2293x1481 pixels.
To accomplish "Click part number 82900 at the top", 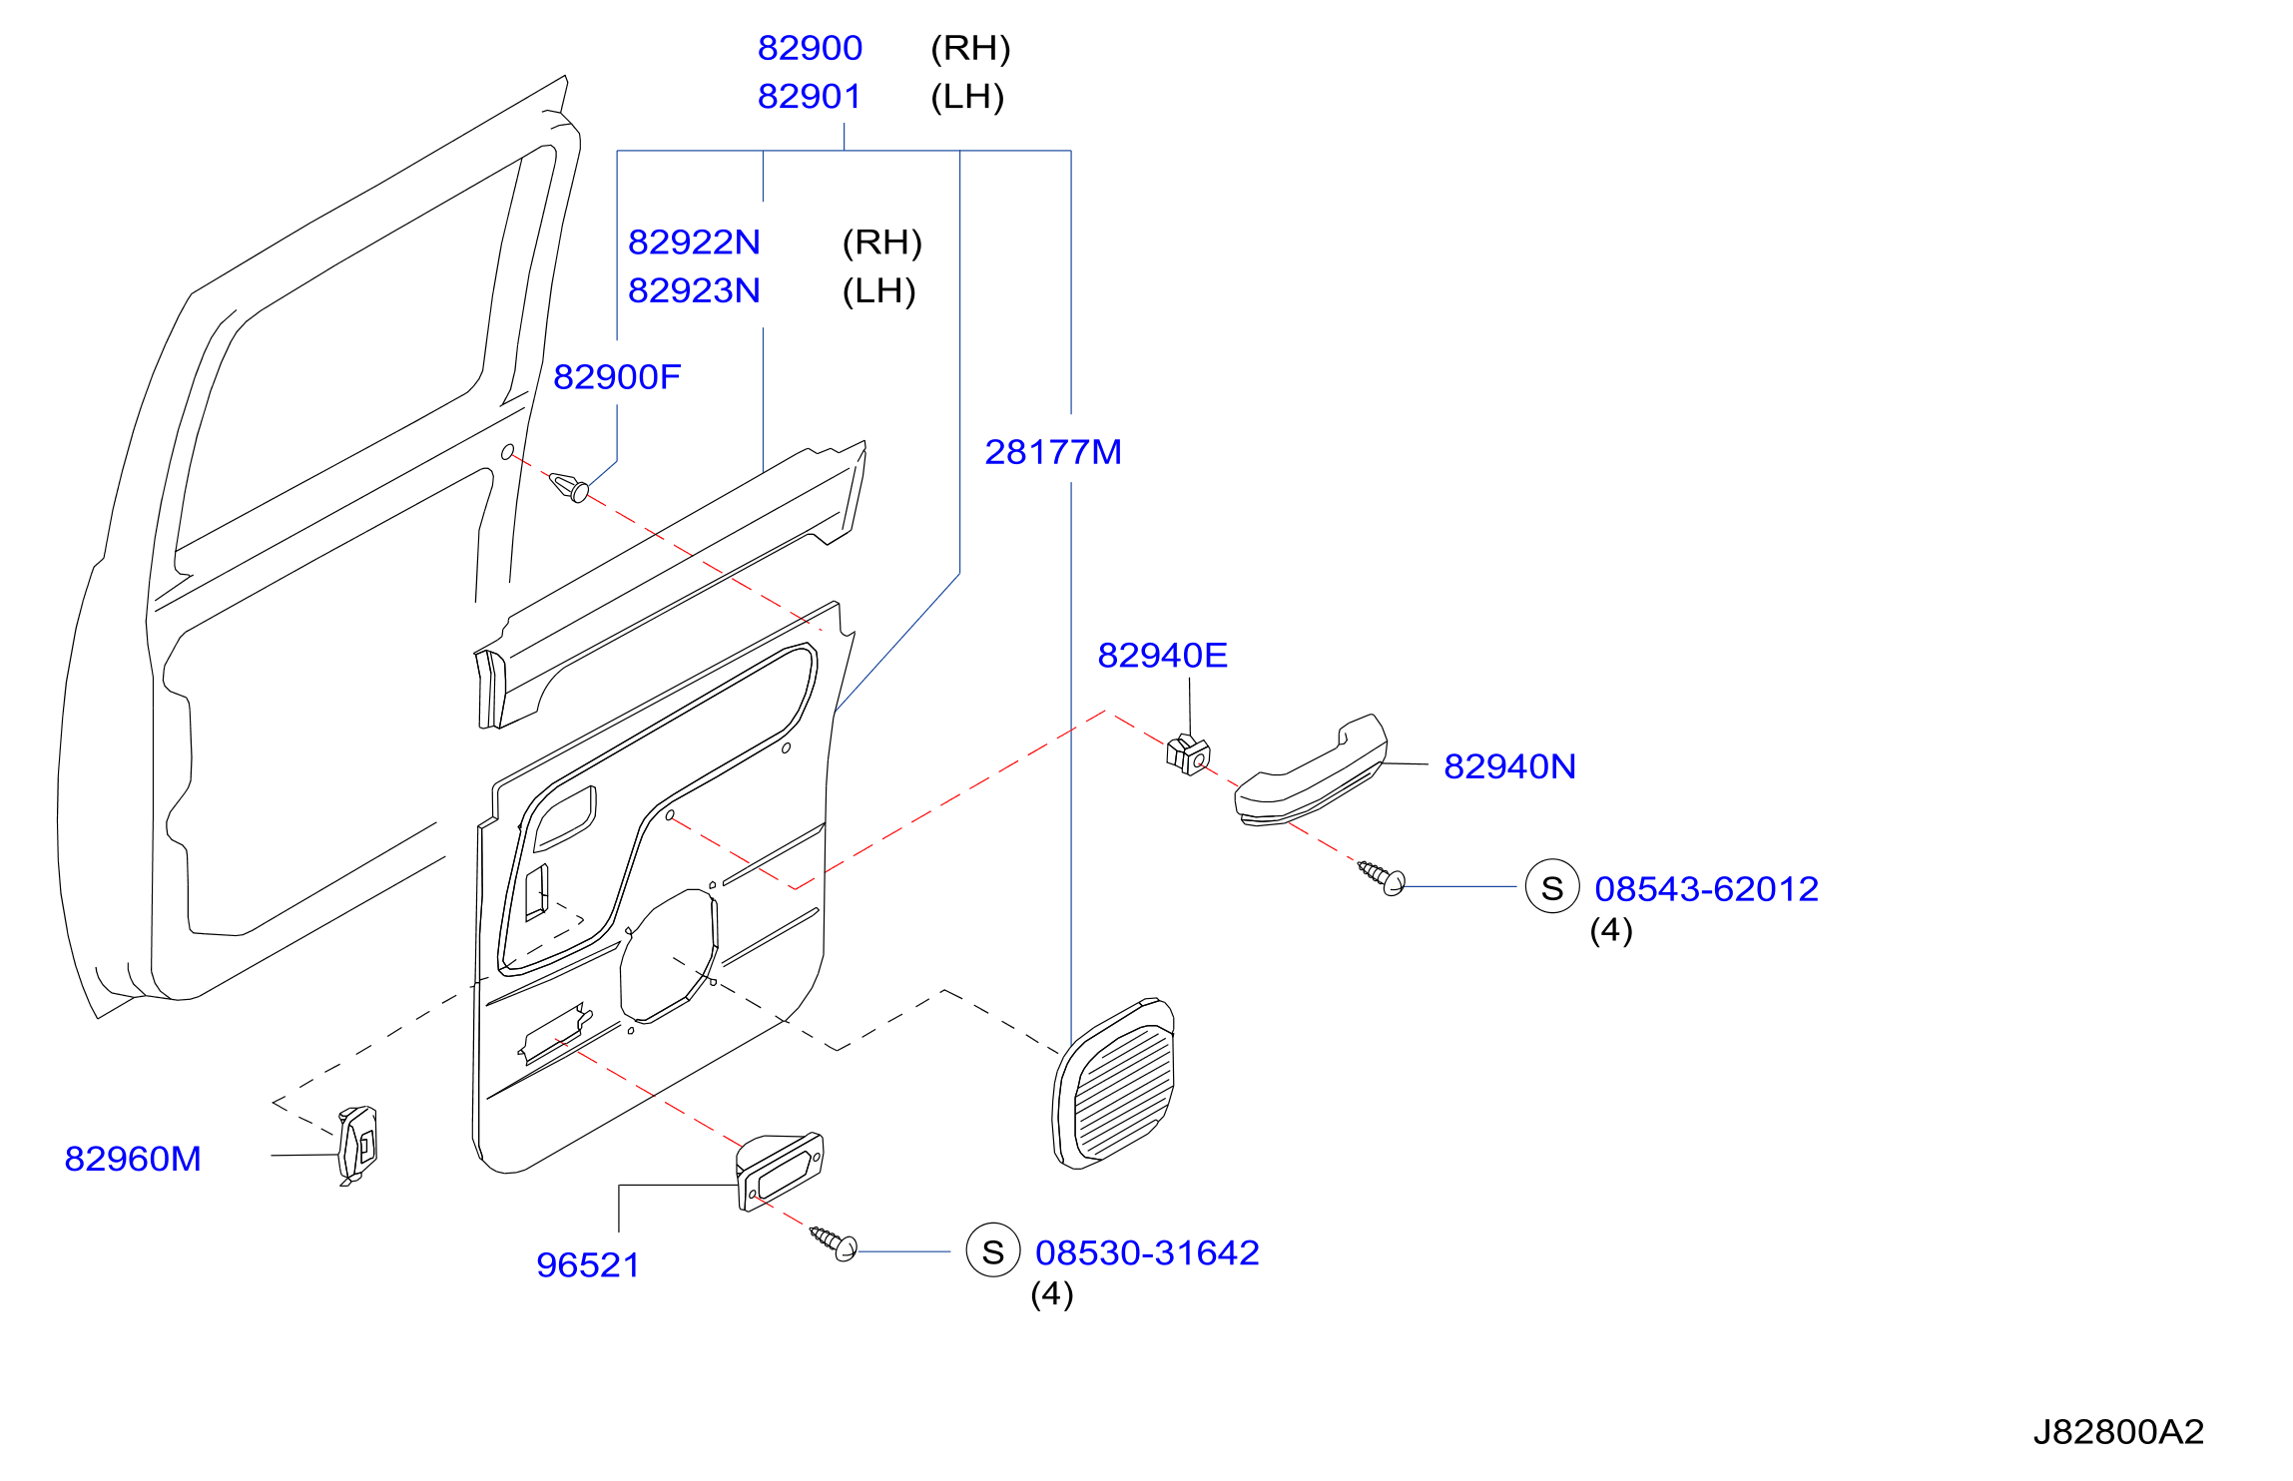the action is click(x=810, y=48).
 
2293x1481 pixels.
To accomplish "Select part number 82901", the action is click(x=810, y=97).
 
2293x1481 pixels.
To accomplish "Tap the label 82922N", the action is click(x=694, y=242).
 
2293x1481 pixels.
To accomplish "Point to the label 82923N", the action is click(x=694, y=290).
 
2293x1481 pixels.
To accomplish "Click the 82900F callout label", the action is click(x=617, y=376).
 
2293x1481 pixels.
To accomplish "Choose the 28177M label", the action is click(x=1053, y=452).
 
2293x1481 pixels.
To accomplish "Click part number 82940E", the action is click(x=1163, y=655).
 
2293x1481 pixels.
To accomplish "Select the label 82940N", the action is click(x=1509, y=766).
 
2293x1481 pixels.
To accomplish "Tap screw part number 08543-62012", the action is click(x=1706, y=888).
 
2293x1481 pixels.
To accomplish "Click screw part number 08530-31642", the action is click(x=1147, y=1252).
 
